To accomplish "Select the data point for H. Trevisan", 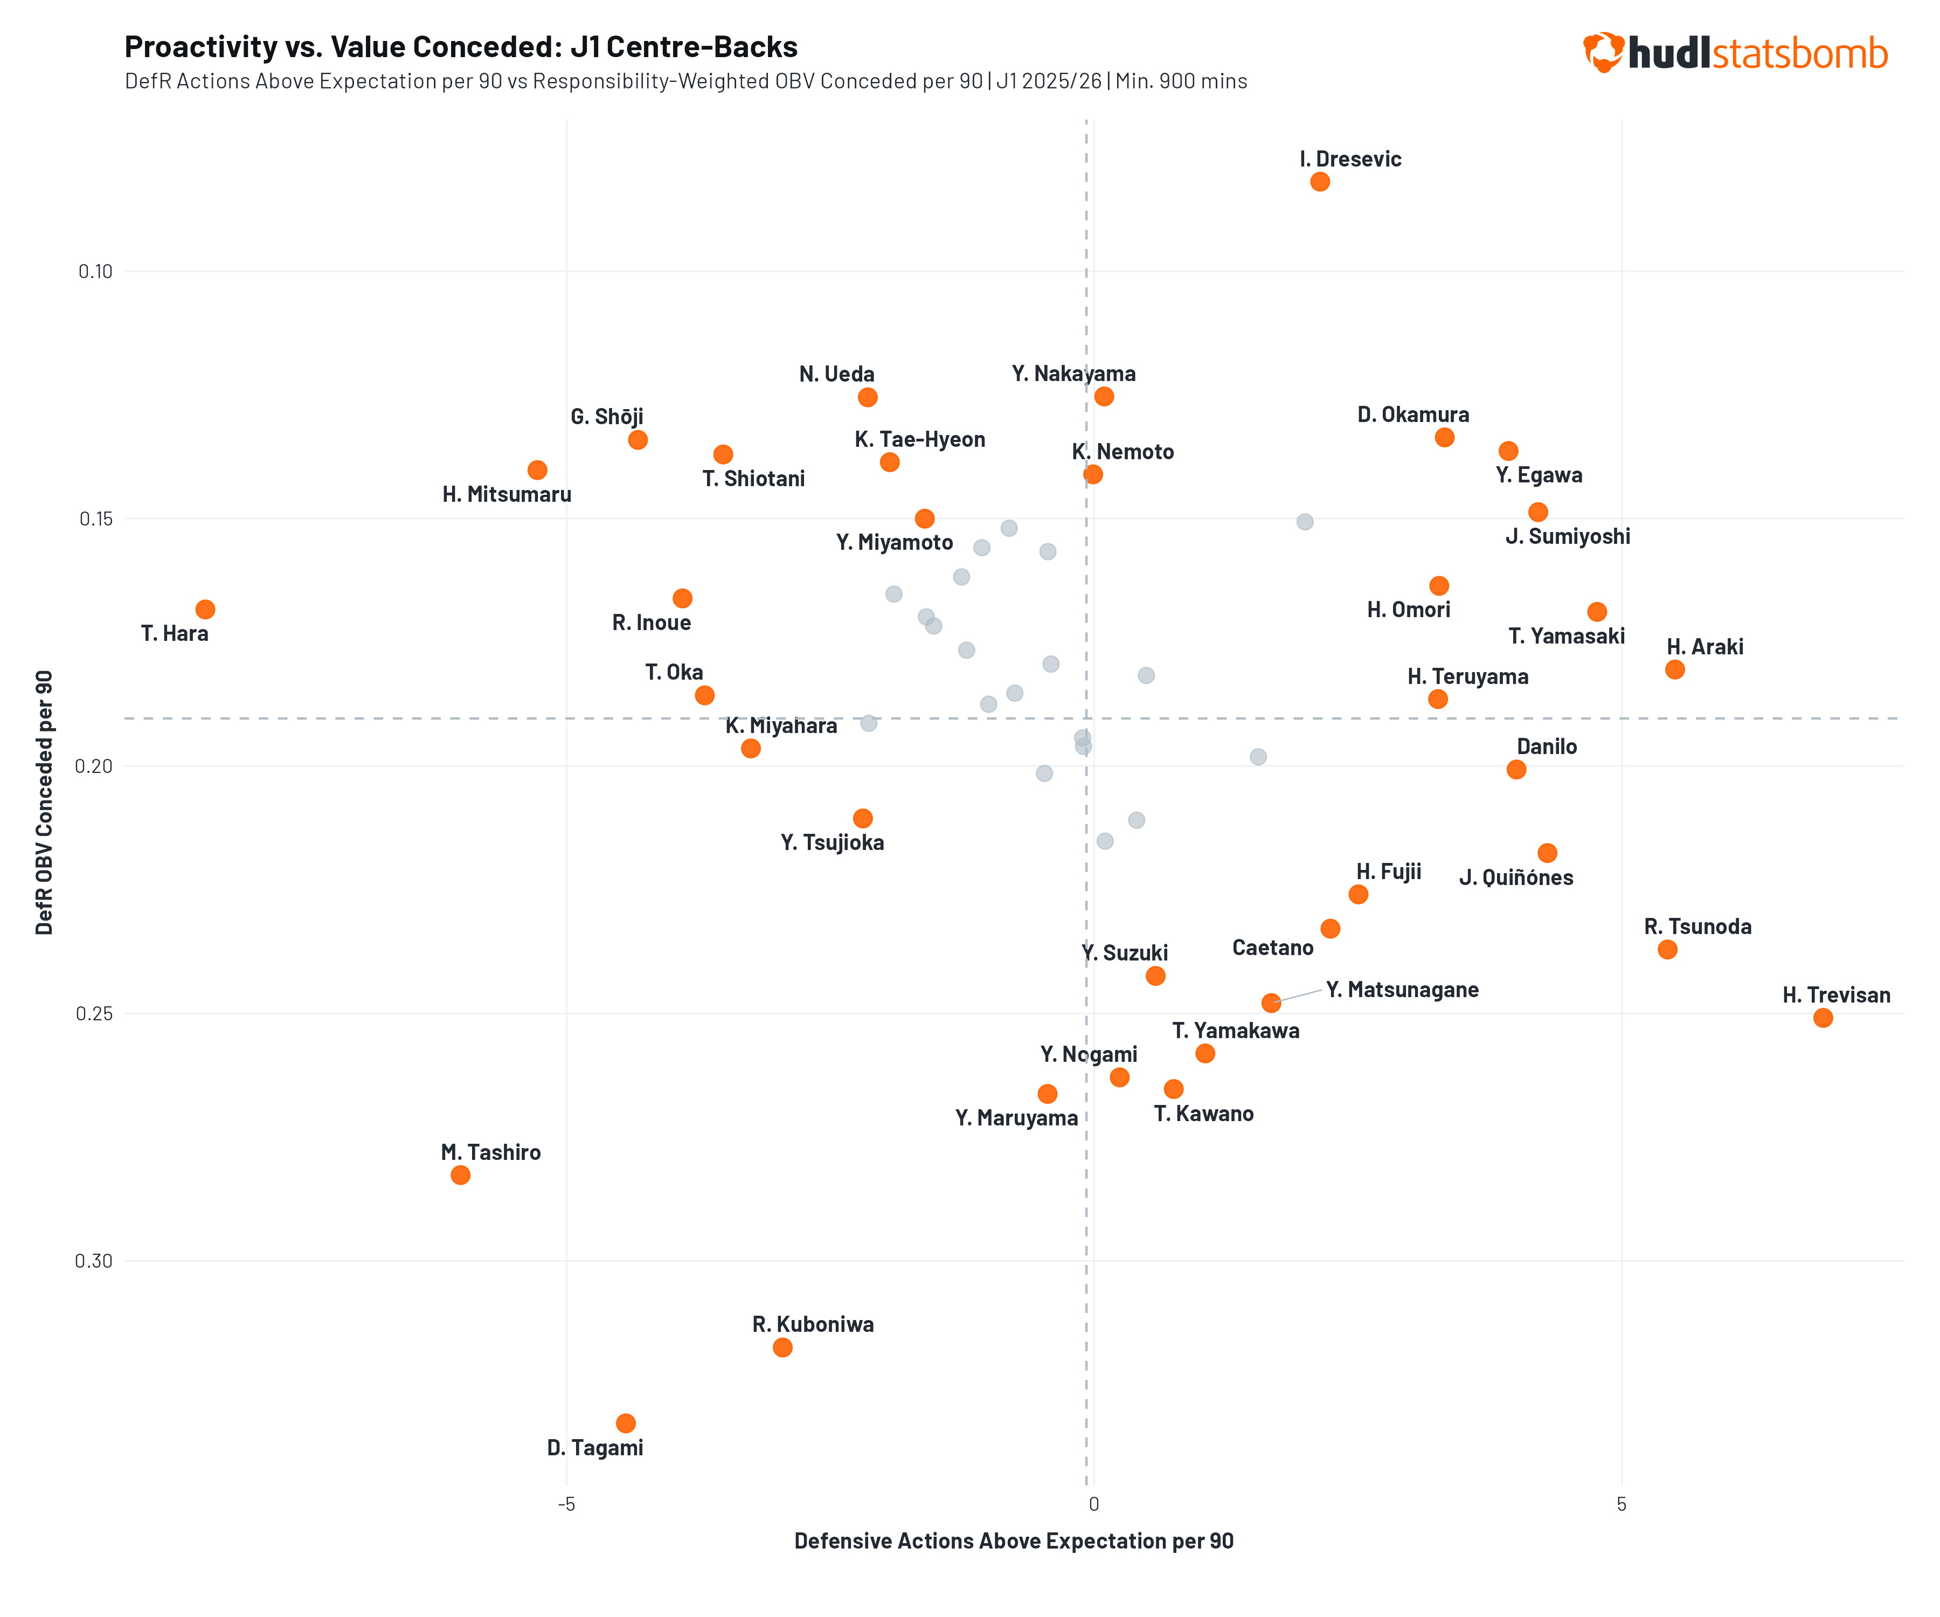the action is point(1822,1017).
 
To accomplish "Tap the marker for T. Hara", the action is point(205,609).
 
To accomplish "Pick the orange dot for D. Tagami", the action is point(626,1423).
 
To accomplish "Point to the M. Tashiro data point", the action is point(460,1174).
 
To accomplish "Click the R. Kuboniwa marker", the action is point(781,1347).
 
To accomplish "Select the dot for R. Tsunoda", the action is point(1667,949).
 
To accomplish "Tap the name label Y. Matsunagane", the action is point(1402,990).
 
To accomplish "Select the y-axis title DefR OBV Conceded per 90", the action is point(44,802).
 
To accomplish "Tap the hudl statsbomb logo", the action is point(1735,53).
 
